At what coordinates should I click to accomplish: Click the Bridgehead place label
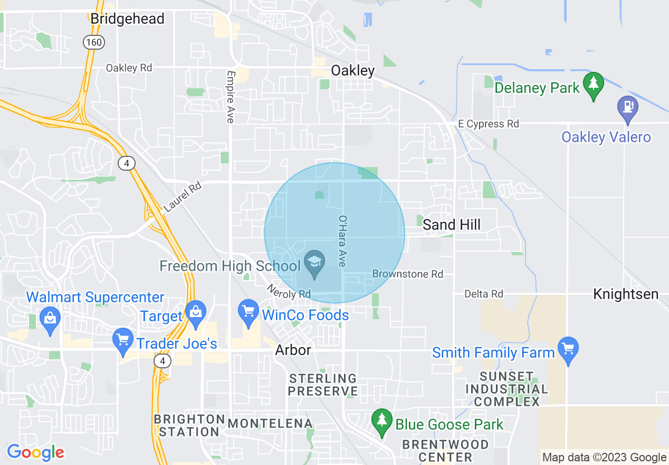coord(127,18)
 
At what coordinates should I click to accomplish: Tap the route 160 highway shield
coord(93,43)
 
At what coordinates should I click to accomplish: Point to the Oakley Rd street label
coord(129,68)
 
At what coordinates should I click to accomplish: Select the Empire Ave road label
coord(230,97)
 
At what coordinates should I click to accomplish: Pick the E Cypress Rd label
coord(489,124)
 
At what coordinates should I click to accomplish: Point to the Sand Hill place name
coord(452,225)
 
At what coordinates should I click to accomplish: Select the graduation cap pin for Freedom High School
coord(315,262)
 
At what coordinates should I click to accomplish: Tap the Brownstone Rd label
coord(408,274)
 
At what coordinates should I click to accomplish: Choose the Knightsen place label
coord(626,294)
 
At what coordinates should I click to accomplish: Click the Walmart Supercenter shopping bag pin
coord(50,319)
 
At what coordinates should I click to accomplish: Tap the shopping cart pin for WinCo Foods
coord(248,311)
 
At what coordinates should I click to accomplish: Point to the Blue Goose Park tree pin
coord(381,421)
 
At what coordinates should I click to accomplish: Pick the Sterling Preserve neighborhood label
coord(322,385)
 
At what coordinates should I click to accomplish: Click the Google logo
coord(35,452)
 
